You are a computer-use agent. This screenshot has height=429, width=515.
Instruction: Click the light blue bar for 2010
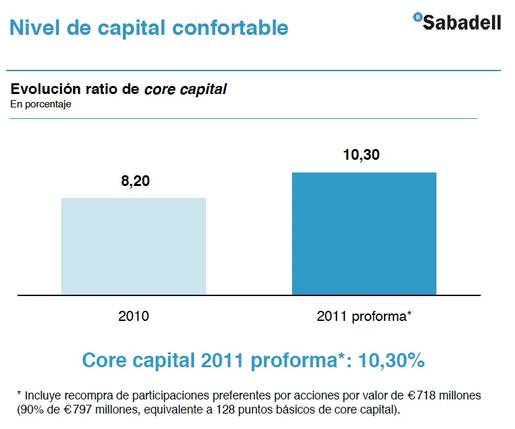tap(134, 246)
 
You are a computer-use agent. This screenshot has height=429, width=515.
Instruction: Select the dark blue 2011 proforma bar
tap(364, 233)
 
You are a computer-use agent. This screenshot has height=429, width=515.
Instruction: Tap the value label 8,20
tap(134, 181)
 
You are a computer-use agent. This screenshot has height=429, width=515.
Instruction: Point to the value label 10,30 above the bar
tap(361, 155)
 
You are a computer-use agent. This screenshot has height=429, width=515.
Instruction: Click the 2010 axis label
tap(133, 316)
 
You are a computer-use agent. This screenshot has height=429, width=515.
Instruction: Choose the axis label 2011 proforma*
tap(363, 316)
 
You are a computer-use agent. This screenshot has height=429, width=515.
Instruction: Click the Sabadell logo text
tap(463, 22)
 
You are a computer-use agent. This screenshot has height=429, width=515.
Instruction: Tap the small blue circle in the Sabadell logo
tap(418, 17)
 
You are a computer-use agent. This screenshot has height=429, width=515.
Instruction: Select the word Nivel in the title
tap(32, 28)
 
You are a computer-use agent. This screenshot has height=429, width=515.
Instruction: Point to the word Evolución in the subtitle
tap(42, 89)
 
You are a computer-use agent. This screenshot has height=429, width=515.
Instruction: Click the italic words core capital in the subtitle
tap(185, 89)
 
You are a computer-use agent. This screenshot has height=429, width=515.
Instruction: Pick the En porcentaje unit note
tap(40, 104)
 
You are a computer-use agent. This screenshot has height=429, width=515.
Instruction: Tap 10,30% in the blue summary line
tap(392, 360)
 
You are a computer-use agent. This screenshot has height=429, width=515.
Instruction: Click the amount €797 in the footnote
tap(83, 409)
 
